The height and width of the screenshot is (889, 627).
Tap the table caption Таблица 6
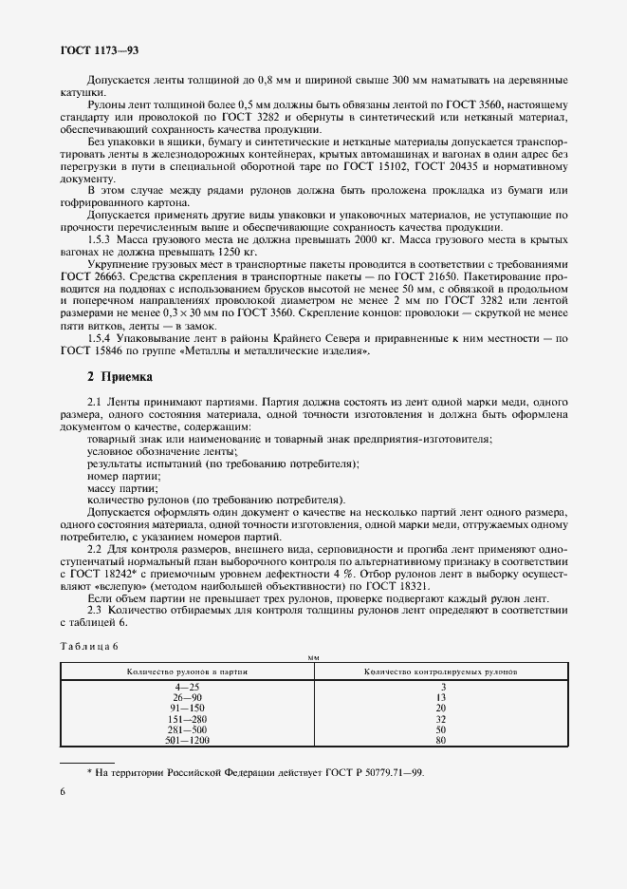88,646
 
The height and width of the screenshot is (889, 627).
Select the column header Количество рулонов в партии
187,671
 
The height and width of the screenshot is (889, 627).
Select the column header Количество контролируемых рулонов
441,671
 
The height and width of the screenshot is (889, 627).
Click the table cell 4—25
187,687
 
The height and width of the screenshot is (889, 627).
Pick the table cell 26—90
187,697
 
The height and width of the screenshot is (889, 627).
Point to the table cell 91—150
187,708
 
